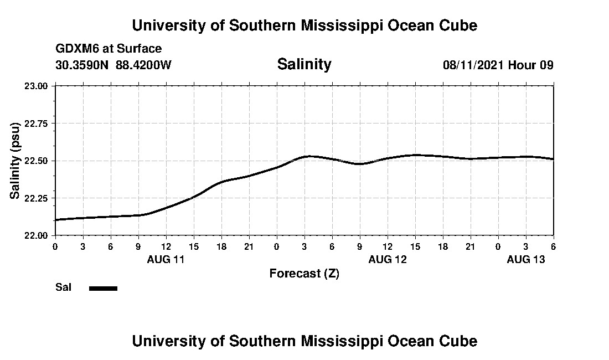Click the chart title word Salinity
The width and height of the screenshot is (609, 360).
(304, 64)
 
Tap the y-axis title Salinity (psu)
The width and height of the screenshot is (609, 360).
(16, 160)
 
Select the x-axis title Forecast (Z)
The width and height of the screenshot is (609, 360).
(304, 274)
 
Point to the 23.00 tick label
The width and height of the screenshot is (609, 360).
(38, 86)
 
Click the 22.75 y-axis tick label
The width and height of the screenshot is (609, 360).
(38, 124)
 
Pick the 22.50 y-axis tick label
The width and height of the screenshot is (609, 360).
(38, 161)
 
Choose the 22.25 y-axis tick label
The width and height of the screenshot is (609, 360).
(38, 198)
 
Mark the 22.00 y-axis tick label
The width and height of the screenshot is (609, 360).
(38, 235)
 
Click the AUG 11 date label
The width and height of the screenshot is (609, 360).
(166, 259)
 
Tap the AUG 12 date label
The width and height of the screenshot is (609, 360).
(387, 259)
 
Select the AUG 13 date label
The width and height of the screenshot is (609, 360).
(525, 259)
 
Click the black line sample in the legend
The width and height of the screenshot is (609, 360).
(103, 288)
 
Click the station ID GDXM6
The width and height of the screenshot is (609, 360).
(76, 49)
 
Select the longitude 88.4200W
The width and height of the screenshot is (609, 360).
(143, 65)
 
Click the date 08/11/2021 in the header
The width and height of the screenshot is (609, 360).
(473, 65)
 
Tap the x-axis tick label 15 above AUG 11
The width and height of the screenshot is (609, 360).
(193, 246)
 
